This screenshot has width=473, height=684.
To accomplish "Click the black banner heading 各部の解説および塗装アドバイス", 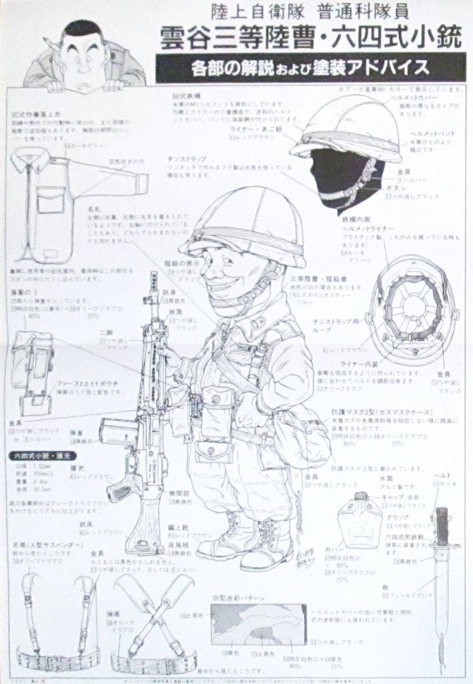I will coord(311,68).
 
